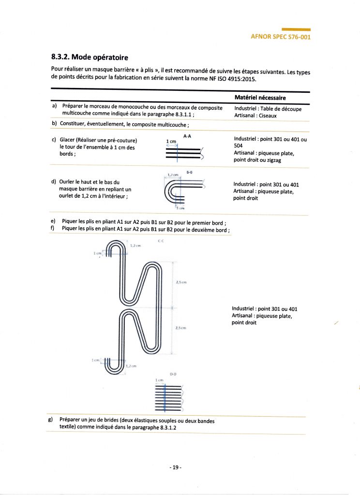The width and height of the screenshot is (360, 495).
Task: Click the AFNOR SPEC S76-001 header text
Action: click(280, 37)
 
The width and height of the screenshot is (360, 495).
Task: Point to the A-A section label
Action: click(187, 136)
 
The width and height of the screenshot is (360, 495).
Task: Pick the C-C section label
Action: click(160, 241)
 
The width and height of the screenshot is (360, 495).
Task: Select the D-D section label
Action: click(173, 374)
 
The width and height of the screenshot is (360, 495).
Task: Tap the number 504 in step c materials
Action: click(238, 146)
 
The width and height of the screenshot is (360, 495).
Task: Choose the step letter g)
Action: click(50, 420)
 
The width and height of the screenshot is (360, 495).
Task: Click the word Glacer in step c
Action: click(68, 140)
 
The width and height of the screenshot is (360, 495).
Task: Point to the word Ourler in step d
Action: click(68, 182)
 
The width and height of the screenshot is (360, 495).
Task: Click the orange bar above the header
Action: click(296, 29)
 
